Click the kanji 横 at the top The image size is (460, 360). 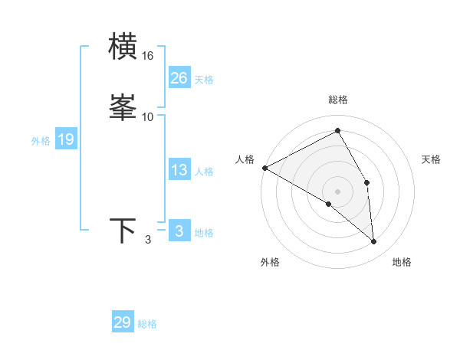click(123, 47)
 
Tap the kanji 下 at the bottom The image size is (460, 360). click(123, 231)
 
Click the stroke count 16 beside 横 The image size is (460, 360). click(148, 56)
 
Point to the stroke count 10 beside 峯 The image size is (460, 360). click(148, 116)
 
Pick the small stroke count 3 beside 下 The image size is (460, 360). click(148, 241)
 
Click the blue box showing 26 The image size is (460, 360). click(179, 78)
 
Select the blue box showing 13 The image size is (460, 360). click(179, 170)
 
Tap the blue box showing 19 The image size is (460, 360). click(66, 139)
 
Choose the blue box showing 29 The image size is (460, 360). click(123, 322)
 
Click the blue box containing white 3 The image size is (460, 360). click(179, 231)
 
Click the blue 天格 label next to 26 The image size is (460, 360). click(204, 80)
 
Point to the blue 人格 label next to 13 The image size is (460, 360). click(204, 172)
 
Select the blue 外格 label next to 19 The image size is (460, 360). click(41, 141)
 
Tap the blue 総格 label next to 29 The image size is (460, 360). click(147, 324)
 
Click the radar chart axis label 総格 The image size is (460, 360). click(338, 100)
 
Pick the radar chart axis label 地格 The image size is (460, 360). click(402, 262)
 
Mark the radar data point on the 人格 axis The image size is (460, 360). click(264, 168)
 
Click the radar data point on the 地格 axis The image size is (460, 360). click(374, 241)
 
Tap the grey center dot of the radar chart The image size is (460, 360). click(338, 191)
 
